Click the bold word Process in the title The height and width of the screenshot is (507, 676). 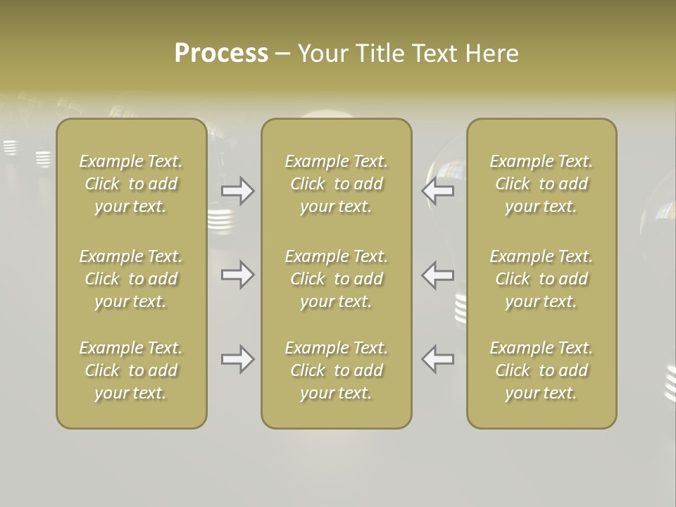pos(221,54)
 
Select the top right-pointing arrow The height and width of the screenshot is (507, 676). pos(238,191)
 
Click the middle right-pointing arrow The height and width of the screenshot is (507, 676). pos(238,275)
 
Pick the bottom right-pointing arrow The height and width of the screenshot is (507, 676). pos(238,359)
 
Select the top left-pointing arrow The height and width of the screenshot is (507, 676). pos(437,191)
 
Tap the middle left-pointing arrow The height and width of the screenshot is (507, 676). pos(437,275)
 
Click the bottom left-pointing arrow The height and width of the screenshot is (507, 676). pos(437,359)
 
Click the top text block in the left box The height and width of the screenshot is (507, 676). pos(131,184)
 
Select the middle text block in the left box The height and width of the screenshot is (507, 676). pos(131,279)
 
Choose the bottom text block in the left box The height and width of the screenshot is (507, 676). pos(131,370)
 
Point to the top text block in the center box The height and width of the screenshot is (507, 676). pos(336,184)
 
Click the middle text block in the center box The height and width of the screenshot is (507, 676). pos(336,279)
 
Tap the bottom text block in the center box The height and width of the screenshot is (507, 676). pos(336,370)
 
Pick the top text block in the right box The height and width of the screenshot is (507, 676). pos(542,184)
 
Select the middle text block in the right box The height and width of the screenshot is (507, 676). pos(542,279)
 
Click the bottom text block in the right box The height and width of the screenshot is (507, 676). pos(542,370)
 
